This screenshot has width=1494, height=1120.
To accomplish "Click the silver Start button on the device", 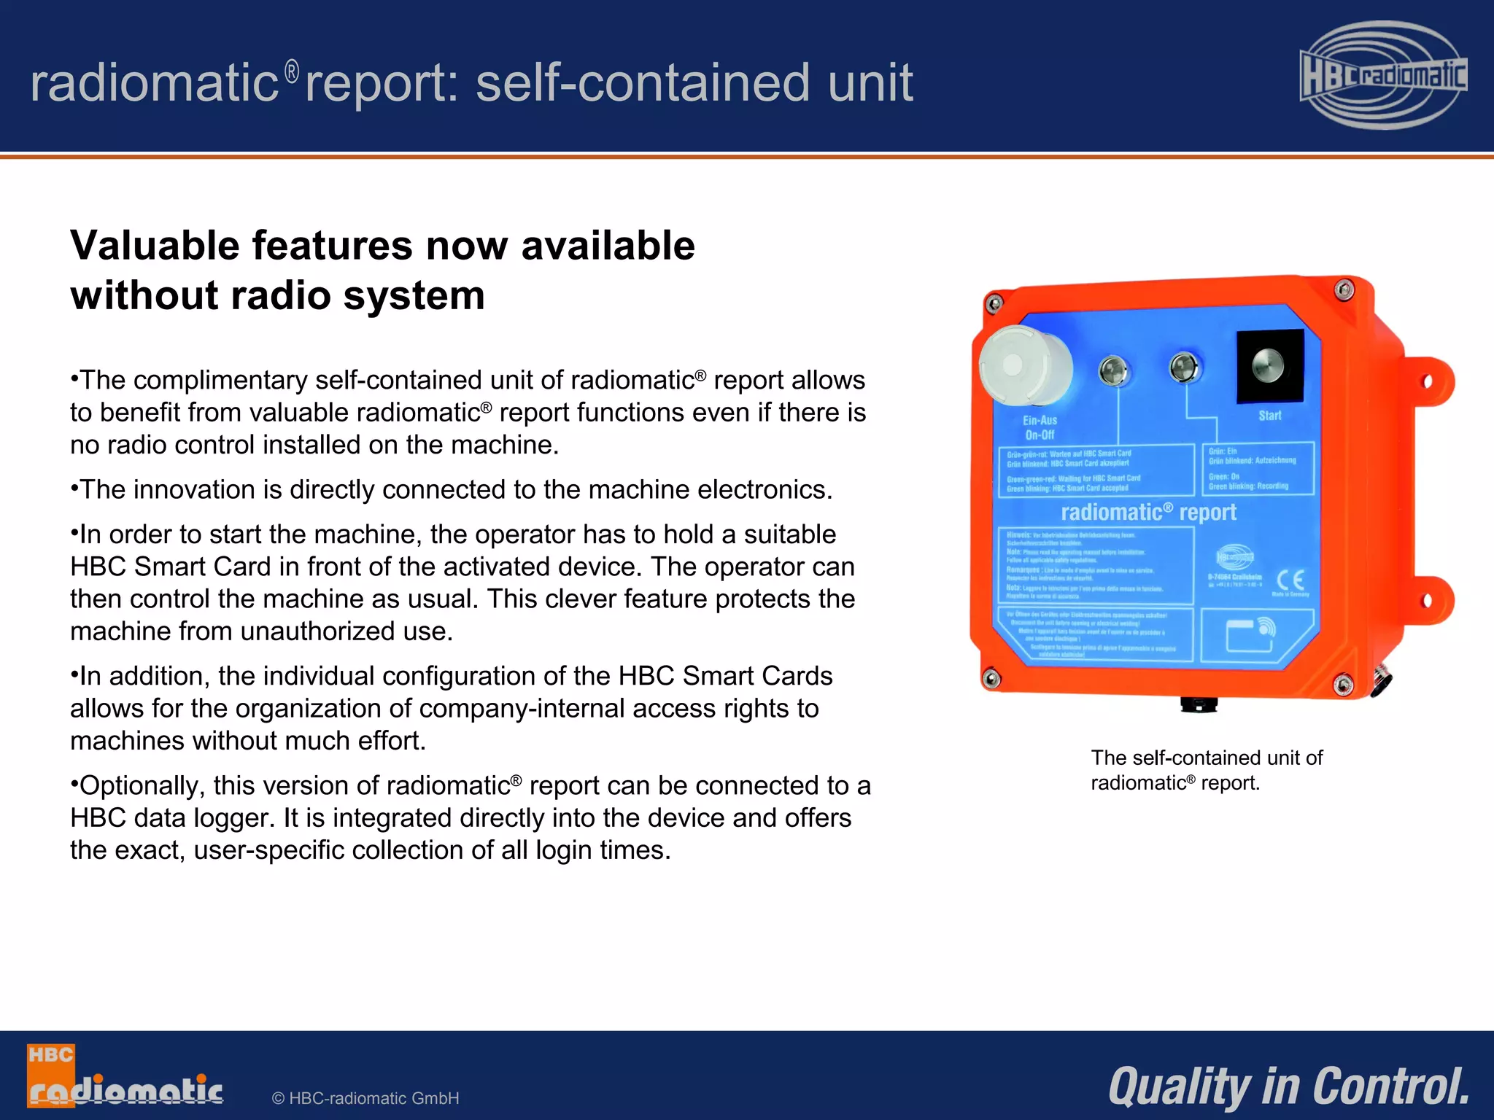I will [1269, 365].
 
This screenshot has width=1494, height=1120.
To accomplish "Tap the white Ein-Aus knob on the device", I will [1023, 365].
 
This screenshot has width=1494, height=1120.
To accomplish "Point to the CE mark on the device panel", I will [1290, 580].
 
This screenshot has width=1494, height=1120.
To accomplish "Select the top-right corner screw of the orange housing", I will [1344, 289].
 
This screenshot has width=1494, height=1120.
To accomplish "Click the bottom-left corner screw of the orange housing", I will [991, 679].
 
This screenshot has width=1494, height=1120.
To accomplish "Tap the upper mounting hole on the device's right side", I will [1428, 381].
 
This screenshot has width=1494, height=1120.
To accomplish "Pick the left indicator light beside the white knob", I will [1112, 370].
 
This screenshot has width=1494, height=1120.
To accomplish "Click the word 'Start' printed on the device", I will [1269, 416].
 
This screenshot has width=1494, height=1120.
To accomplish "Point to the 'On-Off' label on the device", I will [1040, 435].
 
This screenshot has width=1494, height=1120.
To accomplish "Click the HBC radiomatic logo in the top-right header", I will [1383, 75].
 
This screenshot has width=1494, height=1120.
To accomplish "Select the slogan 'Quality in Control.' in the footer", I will [1288, 1086].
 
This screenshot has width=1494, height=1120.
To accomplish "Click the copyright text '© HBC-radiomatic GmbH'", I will [365, 1098].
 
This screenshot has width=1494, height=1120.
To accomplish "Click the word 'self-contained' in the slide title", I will [643, 82].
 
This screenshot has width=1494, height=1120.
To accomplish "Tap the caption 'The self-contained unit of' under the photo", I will [1207, 758].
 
